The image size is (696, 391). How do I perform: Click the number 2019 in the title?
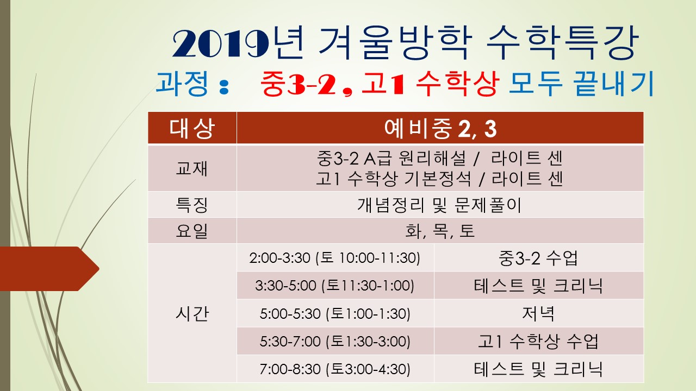(x=220, y=43)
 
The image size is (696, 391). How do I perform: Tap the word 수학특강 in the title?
(x=562, y=42)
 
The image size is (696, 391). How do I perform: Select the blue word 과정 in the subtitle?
(x=182, y=83)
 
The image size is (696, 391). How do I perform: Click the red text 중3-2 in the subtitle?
(x=298, y=83)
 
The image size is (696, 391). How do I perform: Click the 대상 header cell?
(x=192, y=128)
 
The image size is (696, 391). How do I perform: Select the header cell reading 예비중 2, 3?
(x=440, y=128)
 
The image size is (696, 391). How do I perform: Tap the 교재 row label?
(x=192, y=168)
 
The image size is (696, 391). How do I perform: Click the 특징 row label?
(x=192, y=205)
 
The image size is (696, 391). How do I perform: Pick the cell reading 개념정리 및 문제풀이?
(x=440, y=205)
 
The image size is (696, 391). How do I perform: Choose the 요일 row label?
(x=192, y=231)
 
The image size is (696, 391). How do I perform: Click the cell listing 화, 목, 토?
(x=440, y=231)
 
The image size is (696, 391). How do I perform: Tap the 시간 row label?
(x=192, y=313)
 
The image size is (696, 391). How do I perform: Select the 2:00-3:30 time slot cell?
(x=335, y=257)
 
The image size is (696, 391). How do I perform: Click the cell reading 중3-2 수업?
(x=539, y=257)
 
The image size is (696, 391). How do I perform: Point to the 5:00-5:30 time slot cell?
(x=335, y=313)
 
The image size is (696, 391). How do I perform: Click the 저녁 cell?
(x=539, y=313)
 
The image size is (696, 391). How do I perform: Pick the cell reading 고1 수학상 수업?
(x=539, y=341)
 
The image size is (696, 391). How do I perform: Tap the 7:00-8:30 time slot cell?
(x=335, y=369)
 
